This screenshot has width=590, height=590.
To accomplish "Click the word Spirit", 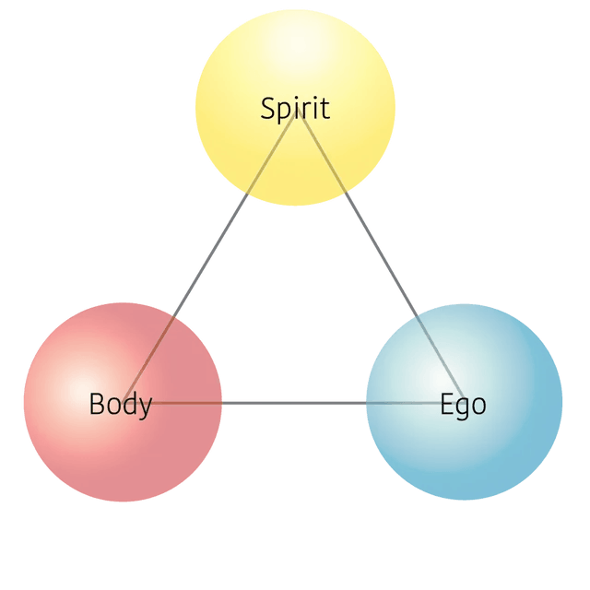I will pos(295,109).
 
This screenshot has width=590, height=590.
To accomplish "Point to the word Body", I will pos(120,404).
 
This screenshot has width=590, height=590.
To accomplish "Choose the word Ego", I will pos(463,404).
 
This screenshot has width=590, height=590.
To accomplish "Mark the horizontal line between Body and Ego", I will pos(295,402).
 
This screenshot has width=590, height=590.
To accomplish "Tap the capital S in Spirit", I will pos(268,109).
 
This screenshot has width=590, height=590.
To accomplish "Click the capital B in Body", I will pos(96,404).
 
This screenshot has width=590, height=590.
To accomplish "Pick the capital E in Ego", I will pos(446,404).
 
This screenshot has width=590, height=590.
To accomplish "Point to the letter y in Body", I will pos(145,407).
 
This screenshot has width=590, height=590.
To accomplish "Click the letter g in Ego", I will pos(462,407).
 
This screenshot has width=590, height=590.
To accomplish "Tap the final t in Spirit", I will pos(324,109).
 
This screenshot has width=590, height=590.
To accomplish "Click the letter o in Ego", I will pos(478,406).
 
